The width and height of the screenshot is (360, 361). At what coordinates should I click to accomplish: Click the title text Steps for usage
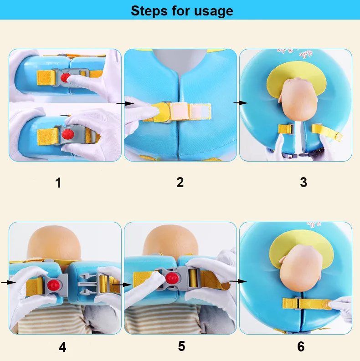(x=182, y=10)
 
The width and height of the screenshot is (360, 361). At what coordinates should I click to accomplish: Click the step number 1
(x=58, y=183)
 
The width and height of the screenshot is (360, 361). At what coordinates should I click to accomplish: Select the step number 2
(x=180, y=183)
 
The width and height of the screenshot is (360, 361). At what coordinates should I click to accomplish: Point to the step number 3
(x=303, y=183)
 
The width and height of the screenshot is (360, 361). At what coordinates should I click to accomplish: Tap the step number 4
(x=62, y=347)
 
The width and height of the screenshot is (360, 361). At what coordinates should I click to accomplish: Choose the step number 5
(x=181, y=346)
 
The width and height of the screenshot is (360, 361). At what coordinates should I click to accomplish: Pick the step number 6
(x=301, y=346)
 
